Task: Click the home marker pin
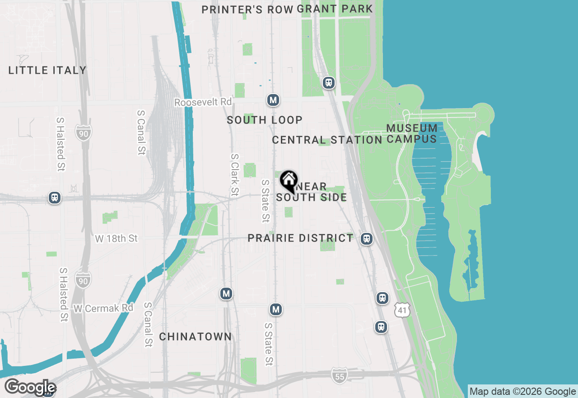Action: click(x=289, y=181)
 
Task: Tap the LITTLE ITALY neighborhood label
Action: click(x=47, y=70)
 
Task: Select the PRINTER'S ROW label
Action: click(x=247, y=9)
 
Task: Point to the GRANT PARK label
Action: click(x=335, y=9)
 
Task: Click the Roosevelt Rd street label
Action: click(x=203, y=103)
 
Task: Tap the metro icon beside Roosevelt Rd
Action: click(x=273, y=100)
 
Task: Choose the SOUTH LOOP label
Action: click(x=265, y=120)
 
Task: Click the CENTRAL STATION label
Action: click(x=327, y=140)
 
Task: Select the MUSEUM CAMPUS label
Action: click(x=412, y=133)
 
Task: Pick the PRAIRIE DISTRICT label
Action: click(x=300, y=238)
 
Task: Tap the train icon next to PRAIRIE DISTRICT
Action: click(x=367, y=239)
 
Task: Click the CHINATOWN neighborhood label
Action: click(x=196, y=337)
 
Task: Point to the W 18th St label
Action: click(x=117, y=238)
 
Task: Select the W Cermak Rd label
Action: click(x=104, y=308)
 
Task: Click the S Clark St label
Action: click(x=234, y=175)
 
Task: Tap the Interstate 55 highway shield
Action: click(x=339, y=374)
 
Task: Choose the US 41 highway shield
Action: click(x=402, y=310)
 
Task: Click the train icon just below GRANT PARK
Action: click(x=329, y=83)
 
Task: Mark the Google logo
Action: click(x=30, y=388)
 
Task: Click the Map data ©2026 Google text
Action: click(x=522, y=392)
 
